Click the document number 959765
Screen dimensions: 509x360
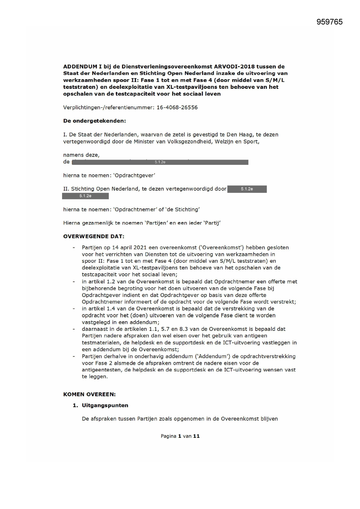point(329,22)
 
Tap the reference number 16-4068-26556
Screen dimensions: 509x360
point(177,107)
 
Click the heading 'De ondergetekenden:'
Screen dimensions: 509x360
point(95,121)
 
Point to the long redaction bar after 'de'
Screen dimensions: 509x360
point(160,162)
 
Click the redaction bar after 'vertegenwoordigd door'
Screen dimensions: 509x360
point(247,189)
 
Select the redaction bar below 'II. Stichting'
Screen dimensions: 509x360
point(85,196)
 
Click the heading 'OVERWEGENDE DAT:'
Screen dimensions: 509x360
point(94,236)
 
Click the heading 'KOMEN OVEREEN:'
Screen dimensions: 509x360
point(89,394)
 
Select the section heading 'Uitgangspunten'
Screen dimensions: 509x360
point(105,405)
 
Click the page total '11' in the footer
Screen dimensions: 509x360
point(196,436)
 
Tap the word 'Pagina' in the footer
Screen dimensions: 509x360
point(169,436)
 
